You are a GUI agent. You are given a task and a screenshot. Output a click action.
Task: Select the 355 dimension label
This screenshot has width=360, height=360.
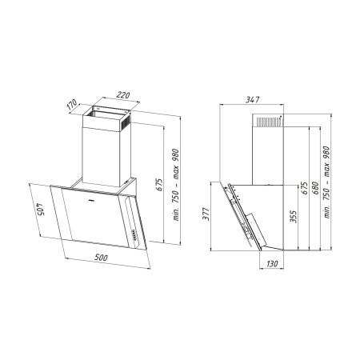pyautogui.click(x=294, y=216)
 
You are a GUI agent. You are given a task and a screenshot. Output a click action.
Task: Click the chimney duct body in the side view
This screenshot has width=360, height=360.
pyautogui.click(x=267, y=152)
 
